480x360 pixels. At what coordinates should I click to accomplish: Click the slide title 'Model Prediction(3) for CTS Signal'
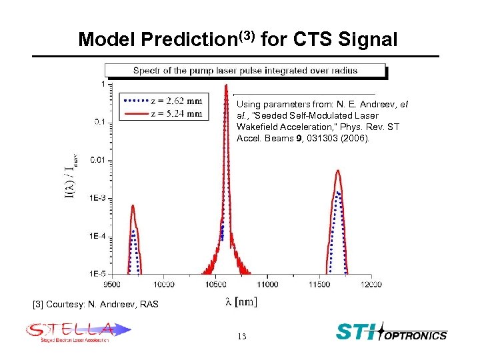tap(238, 39)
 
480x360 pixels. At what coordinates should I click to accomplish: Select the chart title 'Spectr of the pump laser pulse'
tap(245, 71)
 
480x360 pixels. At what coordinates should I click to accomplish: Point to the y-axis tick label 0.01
tap(97, 160)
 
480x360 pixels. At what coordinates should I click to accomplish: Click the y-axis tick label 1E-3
tap(96, 198)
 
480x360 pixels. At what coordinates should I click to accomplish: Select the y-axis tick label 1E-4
tap(96, 236)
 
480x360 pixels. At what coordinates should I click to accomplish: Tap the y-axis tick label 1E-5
tap(96, 273)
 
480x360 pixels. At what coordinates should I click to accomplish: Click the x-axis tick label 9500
tap(113, 284)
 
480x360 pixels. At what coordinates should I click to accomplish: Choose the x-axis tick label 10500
tap(216, 284)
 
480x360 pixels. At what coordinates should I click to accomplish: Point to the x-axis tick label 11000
tap(267, 284)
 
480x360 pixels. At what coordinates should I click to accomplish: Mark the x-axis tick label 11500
tap(319, 284)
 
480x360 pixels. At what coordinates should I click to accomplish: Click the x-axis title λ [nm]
tap(241, 302)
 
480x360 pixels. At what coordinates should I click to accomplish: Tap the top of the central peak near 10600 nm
tap(227, 85)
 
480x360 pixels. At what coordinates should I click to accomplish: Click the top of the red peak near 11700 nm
tap(339, 171)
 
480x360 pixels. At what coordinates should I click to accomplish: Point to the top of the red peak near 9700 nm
tap(133, 206)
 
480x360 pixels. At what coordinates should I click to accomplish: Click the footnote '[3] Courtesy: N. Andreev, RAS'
tap(95, 304)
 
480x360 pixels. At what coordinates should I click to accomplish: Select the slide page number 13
tap(241, 337)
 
